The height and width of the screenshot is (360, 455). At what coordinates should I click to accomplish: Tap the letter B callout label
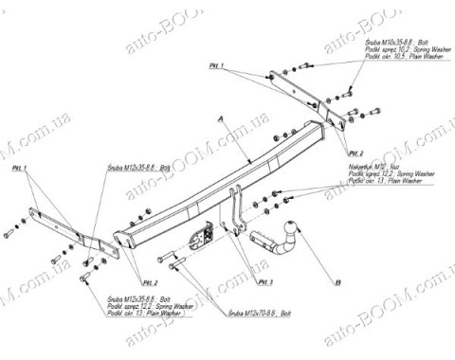(337, 282)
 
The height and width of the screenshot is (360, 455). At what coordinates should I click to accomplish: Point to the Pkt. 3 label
(264, 281)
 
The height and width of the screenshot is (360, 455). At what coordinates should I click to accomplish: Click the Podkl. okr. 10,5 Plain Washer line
(397, 58)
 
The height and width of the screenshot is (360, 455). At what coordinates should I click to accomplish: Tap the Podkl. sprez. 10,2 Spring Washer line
(399, 50)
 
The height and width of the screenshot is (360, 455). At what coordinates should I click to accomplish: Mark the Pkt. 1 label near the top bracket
(217, 64)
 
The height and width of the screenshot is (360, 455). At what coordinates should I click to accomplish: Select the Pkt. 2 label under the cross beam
(150, 281)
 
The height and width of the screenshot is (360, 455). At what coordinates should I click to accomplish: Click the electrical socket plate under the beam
(202, 236)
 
